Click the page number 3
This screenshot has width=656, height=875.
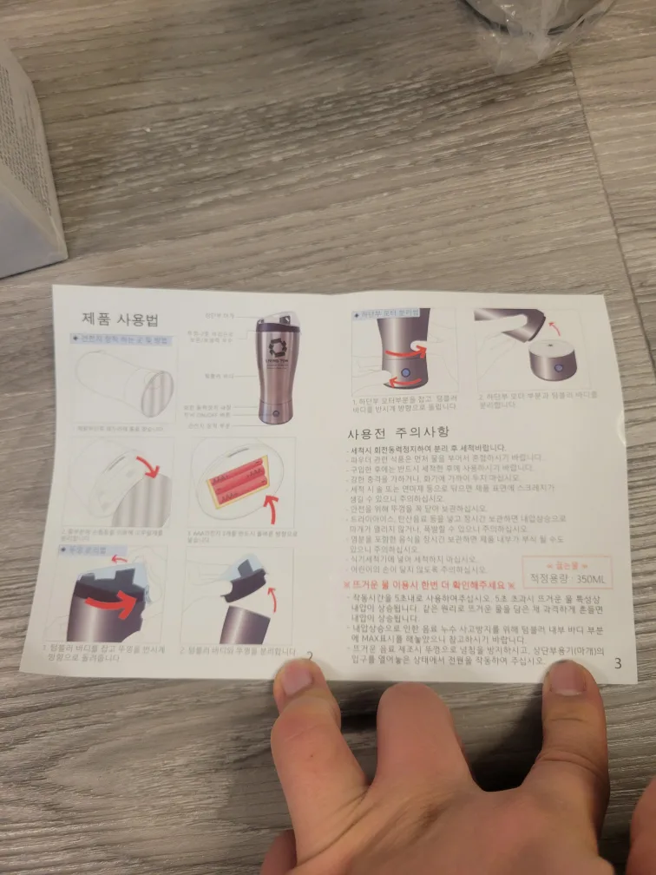617,664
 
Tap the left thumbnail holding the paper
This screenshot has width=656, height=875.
296,677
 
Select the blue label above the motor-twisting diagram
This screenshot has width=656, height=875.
390,312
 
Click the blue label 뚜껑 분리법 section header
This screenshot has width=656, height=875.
82,549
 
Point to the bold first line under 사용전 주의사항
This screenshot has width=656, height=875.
425,448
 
